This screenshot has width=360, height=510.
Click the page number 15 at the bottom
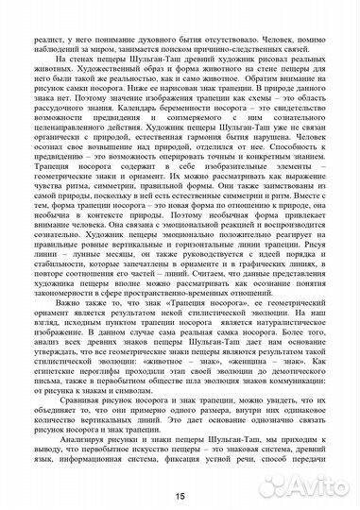[179, 494]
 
